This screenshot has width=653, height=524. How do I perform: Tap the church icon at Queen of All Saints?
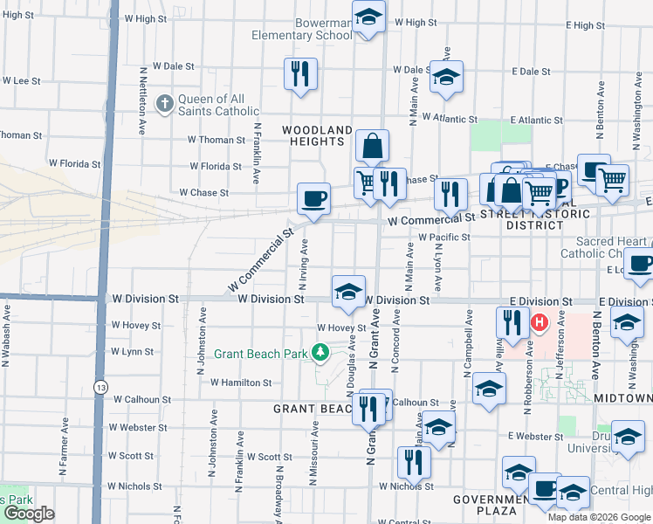point(163,105)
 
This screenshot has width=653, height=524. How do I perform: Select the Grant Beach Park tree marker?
point(321,353)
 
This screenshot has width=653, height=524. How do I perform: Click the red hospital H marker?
point(539,323)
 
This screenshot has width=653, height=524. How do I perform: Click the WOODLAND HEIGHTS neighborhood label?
point(316,134)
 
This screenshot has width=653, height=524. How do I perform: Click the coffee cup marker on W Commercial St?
point(313,198)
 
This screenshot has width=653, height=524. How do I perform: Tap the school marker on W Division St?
point(348,291)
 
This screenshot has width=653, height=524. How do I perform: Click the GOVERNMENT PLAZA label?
point(485,504)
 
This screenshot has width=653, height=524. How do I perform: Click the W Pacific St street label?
point(443,237)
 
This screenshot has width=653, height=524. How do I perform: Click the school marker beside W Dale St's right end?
point(446,79)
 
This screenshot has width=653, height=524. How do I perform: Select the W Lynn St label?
point(131,352)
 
